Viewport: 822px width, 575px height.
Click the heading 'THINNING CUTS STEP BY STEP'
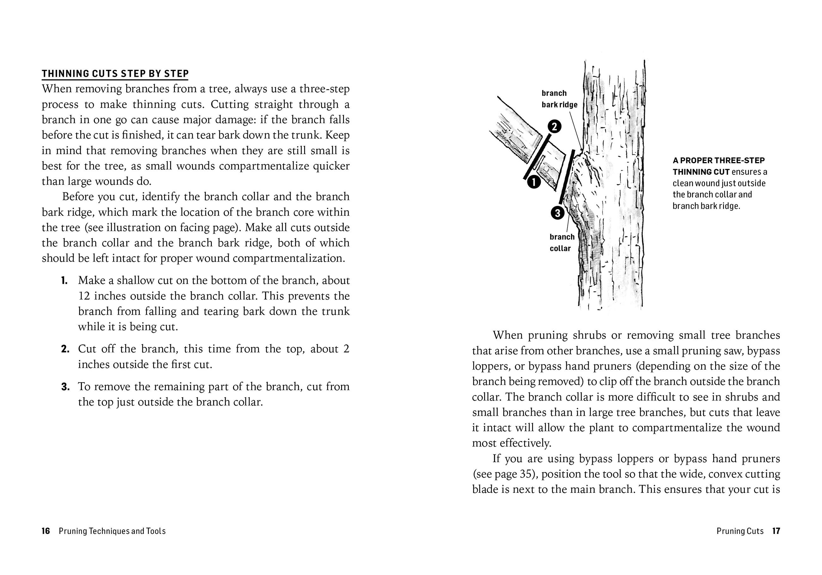115,74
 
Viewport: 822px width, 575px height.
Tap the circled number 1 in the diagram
533,182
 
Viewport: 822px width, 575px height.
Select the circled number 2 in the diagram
554,127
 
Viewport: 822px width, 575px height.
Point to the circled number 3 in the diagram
557,213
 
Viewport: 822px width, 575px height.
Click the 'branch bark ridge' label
559,99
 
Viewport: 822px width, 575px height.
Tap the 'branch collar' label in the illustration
561,243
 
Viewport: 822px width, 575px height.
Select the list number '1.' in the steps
64,281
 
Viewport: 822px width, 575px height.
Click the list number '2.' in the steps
65,349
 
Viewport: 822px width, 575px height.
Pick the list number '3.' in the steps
65,387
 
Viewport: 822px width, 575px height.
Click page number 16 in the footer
46,531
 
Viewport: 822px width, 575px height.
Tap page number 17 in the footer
776,531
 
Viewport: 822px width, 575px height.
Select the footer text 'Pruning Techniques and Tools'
112,531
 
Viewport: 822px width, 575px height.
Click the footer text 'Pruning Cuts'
740,531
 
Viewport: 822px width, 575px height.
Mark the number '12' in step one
84,296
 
